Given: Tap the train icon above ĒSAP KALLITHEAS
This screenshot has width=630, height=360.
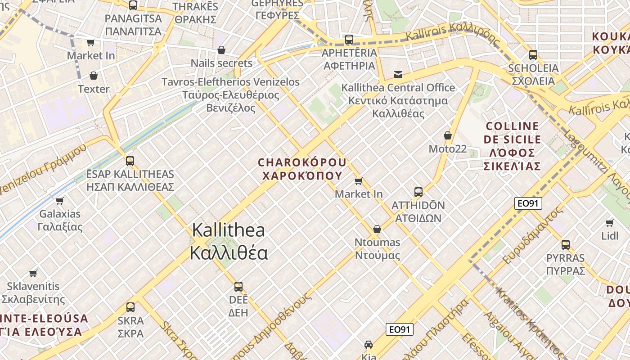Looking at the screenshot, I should click(x=130, y=161).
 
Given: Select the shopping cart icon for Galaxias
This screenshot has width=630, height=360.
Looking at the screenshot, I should click(x=59, y=201).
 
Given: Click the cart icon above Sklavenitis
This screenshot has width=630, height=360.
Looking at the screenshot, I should click(x=33, y=273).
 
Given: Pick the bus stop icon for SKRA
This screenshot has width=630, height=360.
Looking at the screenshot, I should click(x=130, y=307).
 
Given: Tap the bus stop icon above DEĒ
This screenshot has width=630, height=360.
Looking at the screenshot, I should click(x=238, y=287).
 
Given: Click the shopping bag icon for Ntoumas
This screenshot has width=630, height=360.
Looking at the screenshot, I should click(x=377, y=229).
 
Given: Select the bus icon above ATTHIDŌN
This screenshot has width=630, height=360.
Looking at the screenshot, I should click(x=418, y=192).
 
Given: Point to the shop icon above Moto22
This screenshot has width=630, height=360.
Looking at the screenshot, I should click(x=447, y=135).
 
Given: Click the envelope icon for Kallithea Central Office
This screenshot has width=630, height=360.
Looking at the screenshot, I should click(x=398, y=74).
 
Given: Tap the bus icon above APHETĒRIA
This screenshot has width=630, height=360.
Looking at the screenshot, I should click(x=349, y=40).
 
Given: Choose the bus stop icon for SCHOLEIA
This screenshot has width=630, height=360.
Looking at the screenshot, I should click(x=533, y=55).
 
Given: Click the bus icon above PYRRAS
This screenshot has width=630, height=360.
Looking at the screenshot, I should click(x=565, y=245).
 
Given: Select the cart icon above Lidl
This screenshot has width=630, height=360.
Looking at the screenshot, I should click(x=610, y=223).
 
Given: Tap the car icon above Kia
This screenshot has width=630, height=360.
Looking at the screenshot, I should click(x=369, y=345).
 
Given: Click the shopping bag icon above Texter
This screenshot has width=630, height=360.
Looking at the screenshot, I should click(x=94, y=76).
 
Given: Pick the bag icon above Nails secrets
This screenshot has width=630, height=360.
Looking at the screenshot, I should click(x=221, y=49).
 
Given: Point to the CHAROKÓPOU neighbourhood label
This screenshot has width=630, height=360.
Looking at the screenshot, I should click(x=302, y=169).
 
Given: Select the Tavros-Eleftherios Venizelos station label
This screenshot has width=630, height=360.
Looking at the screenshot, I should click(x=230, y=95).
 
